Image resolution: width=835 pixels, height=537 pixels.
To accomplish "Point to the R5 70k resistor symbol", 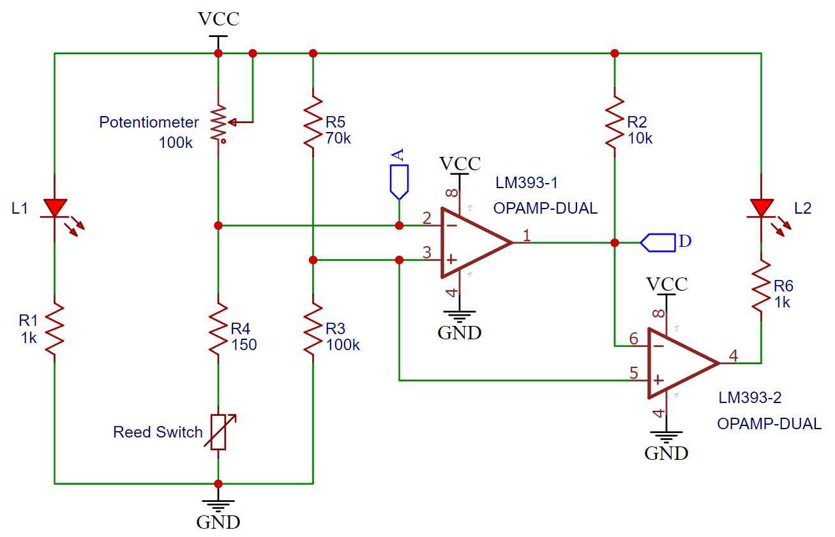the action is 313,122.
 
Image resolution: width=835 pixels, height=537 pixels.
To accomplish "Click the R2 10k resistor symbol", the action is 615,122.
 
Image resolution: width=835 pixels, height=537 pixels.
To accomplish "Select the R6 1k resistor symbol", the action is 761,286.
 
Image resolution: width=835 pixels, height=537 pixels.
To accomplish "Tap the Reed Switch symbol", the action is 218,432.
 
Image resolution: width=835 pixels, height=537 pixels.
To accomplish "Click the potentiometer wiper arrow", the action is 241,122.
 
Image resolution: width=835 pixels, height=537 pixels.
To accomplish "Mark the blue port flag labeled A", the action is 399,182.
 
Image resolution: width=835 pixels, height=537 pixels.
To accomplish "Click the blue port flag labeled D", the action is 658,243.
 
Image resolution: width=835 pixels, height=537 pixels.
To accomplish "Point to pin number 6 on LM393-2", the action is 634,339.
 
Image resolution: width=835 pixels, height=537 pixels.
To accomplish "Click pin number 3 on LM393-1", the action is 427,253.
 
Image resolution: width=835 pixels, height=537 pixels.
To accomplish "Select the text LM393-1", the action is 527,183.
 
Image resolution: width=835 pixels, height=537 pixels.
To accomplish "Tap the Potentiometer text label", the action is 149,122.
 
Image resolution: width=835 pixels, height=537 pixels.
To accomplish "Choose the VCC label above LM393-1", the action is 460,164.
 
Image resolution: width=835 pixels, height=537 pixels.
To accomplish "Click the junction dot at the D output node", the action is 615,243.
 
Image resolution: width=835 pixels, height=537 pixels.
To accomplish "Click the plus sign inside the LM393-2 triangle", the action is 659,380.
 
